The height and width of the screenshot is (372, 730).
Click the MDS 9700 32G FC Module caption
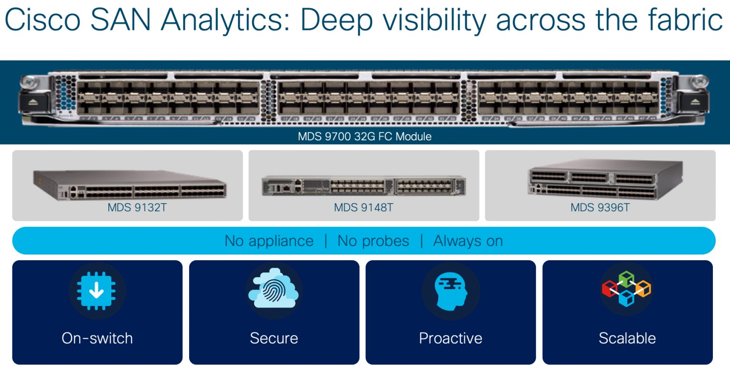pyautogui.click(x=365, y=137)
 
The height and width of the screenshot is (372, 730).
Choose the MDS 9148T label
pyautogui.click(x=364, y=207)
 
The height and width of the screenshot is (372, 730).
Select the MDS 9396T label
pyautogui.click(x=600, y=207)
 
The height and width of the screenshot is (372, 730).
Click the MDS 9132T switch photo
pyautogui.click(x=129, y=185)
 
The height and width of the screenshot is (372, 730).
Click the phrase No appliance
pyautogui.click(x=269, y=241)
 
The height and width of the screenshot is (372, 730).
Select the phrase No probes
pyautogui.click(x=373, y=241)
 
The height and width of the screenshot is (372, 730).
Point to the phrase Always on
pyautogui.click(x=468, y=241)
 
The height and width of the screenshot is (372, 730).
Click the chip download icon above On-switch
pyautogui.click(x=96, y=290)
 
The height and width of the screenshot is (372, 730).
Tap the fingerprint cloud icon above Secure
pyautogui.click(x=274, y=290)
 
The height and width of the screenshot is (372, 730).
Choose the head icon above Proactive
pyautogui.click(x=451, y=290)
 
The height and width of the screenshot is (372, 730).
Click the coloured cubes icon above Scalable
pyautogui.click(x=627, y=289)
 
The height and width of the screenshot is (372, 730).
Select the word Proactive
pyautogui.click(x=451, y=338)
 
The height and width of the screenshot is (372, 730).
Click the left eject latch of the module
pyautogui.click(x=32, y=102)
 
